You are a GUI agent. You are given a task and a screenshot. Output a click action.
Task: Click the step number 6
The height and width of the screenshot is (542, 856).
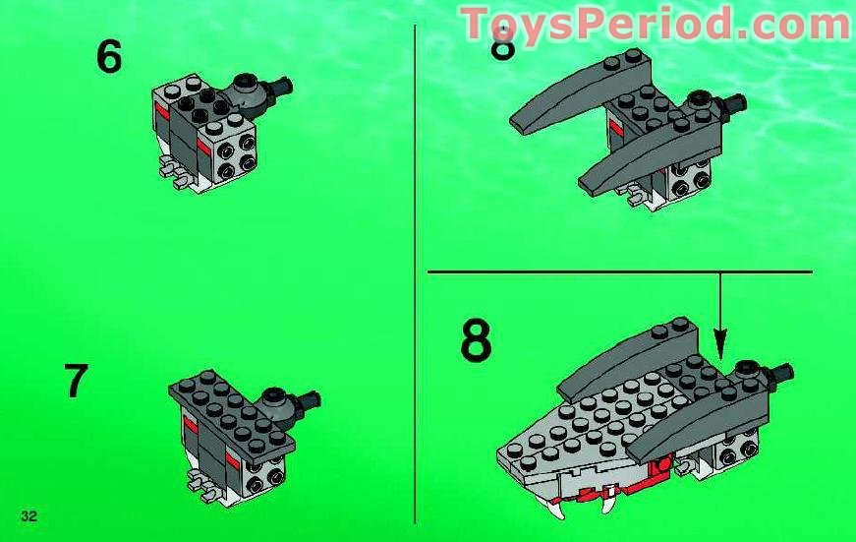(x=109, y=57)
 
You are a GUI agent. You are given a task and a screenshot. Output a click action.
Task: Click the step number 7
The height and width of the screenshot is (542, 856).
(x=77, y=382)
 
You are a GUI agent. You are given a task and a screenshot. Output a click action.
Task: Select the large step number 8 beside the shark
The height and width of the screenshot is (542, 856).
(x=476, y=342)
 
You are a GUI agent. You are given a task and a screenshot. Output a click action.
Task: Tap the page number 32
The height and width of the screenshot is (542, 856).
(x=28, y=516)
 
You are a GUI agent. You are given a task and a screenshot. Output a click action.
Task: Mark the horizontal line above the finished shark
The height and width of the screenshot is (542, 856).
(x=619, y=271)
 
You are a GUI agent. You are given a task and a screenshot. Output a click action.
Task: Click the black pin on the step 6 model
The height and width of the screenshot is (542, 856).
(x=284, y=87)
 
